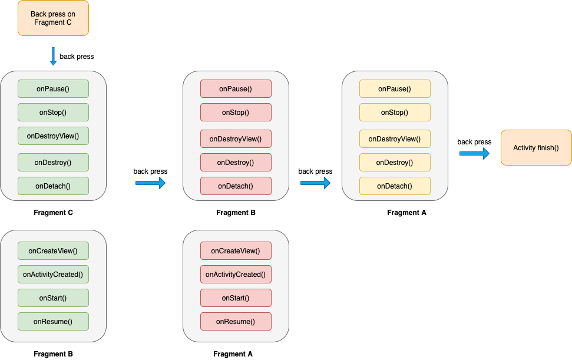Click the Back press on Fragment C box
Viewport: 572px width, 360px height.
click(53, 18)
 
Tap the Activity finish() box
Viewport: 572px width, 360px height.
click(535, 148)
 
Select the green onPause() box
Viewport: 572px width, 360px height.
click(53, 89)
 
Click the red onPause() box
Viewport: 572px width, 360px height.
click(236, 89)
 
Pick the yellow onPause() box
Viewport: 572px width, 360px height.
click(395, 89)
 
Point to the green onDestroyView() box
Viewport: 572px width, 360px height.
click(53, 136)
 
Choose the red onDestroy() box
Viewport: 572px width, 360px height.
click(236, 163)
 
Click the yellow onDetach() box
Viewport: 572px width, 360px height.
click(395, 186)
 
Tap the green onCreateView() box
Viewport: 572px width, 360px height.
click(53, 251)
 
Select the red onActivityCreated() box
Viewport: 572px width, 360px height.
click(236, 275)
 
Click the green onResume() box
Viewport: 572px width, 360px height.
click(53, 322)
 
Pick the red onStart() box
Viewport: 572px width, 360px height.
click(236, 298)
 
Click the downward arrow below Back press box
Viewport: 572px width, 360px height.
click(53, 56)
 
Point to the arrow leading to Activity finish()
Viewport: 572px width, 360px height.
click(474, 154)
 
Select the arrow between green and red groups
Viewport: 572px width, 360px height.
click(150, 183)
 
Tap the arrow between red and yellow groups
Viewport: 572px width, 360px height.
click(315, 183)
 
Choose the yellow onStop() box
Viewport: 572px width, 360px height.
click(395, 113)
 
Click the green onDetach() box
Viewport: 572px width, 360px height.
click(53, 186)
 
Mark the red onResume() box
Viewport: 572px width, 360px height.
click(236, 322)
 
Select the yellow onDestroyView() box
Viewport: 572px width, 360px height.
click(395, 139)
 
